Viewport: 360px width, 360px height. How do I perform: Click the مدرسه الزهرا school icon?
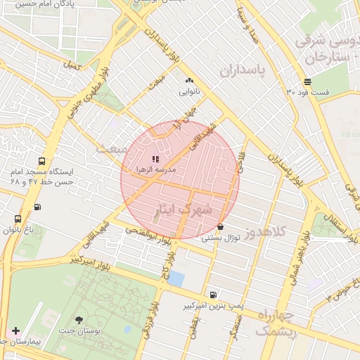tap(155, 160)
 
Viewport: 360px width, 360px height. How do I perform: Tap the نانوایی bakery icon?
tap(189, 81)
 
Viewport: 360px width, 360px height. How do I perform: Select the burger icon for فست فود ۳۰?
tap(308, 82)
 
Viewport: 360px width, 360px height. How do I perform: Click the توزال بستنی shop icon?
tap(221, 227)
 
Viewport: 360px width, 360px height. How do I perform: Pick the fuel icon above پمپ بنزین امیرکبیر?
tap(213, 295)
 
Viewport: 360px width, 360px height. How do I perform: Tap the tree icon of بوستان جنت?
tap(79, 320)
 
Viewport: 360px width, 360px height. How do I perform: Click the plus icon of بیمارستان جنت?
tap(15, 330)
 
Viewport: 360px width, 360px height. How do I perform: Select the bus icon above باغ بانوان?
tap(18, 219)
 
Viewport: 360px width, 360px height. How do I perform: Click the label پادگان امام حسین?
tap(46, 4)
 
